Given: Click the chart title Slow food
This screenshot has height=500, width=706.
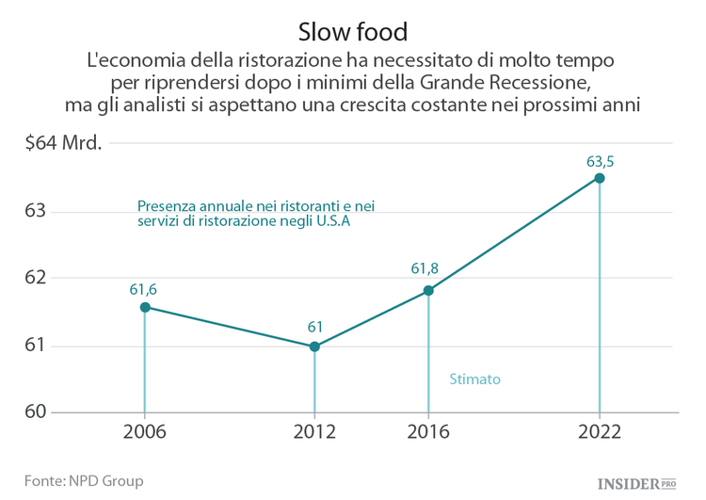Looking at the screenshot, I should tap(353, 31).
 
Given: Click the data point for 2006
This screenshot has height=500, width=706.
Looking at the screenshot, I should tap(145, 307).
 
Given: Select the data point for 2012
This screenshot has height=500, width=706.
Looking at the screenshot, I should tap(314, 347).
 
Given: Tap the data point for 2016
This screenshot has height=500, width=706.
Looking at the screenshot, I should tap(428, 291).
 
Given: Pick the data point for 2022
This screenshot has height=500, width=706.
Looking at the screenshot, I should tap(600, 178).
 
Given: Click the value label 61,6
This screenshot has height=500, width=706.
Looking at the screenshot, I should tap(144, 288).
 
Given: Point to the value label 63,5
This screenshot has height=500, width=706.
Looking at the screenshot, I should tap(600, 160).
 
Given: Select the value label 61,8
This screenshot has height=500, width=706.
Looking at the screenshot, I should tap(425, 269).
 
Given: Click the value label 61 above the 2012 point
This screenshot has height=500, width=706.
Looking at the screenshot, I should tap(315, 327).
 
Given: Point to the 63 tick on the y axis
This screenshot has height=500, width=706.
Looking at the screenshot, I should tap(35, 211).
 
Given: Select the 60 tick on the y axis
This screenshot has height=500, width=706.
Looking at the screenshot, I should tap(35, 412).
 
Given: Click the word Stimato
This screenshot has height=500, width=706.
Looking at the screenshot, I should tap(474, 379).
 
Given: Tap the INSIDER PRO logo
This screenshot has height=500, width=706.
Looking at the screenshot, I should tap(637, 483).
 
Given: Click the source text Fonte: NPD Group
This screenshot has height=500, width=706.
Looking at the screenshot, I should tap(84, 481).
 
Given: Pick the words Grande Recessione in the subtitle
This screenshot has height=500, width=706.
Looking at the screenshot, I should tap(506, 82).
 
